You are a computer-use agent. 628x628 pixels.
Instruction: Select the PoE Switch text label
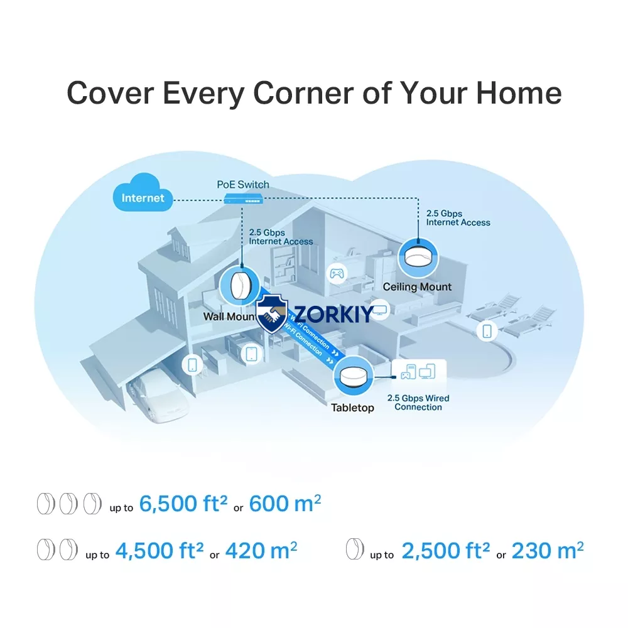(242, 185)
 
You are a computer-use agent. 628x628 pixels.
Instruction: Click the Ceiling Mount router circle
(418, 258)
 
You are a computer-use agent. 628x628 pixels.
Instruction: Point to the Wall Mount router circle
(239, 286)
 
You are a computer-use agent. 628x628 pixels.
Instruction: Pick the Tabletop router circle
(354, 376)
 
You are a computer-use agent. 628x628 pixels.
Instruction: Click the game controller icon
(337, 274)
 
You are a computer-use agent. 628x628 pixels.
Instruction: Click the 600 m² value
(284, 504)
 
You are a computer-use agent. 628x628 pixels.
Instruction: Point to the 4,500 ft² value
(160, 550)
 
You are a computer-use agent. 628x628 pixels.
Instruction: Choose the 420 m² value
(261, 550)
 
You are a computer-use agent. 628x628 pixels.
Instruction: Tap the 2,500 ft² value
(445, 550)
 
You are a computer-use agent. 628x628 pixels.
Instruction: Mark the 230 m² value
(548, 550)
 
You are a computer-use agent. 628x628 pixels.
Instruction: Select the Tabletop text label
(352, 408)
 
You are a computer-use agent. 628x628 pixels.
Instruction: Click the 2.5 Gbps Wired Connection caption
(418, 403)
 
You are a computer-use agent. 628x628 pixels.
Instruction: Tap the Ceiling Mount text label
(417, 287)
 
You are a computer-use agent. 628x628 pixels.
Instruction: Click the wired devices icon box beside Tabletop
(418, 371)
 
